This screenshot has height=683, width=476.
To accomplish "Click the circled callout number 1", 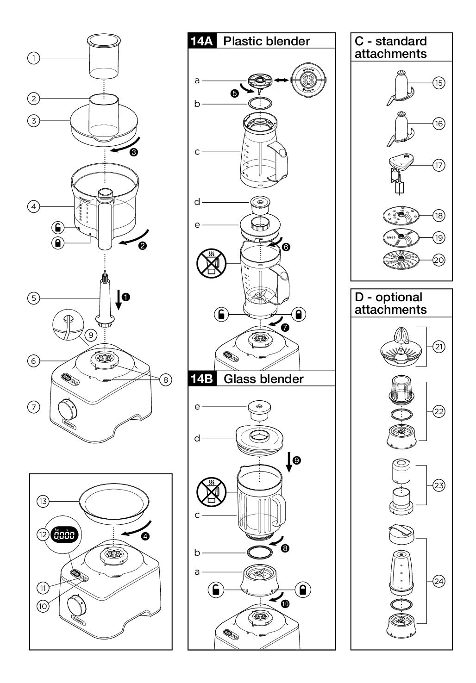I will (33, 58).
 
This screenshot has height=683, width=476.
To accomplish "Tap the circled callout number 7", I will (33, 407).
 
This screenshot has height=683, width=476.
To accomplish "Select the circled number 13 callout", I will (43, 501).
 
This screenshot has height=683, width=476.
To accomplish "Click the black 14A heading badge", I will (202, 41).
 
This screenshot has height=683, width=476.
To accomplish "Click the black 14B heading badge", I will (202, 379).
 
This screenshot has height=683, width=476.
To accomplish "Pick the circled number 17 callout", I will (438, 165).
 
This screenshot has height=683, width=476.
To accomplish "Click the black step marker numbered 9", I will (297, 460).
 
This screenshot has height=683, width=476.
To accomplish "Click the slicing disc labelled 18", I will (401, 216).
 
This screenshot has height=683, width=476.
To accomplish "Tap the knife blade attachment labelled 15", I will (401, 89).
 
